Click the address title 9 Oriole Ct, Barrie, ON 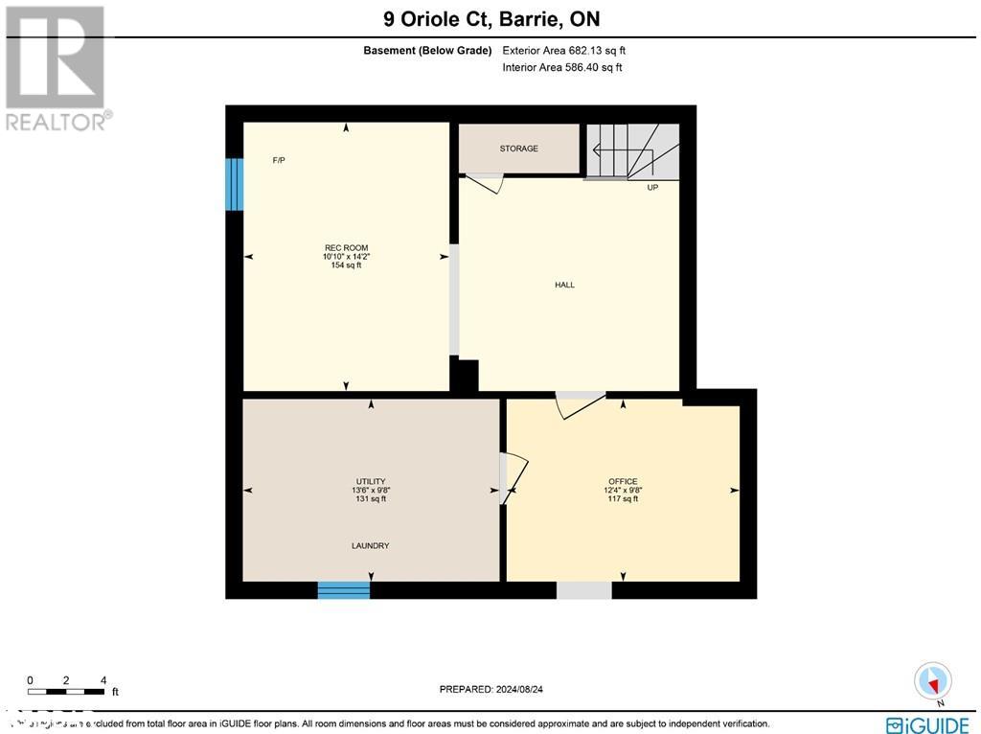[x=490, y=18]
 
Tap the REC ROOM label [x=345, y=248]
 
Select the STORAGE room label [x=518, y=149]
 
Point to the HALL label [x=564, y=285]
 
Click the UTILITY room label [x=370, y=482]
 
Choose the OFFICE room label [x=623, y=482]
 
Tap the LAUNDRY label [x=370, y=546]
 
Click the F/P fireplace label [x=279, y=160]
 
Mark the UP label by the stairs [x=652, y=188]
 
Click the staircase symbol [x=632, y=150]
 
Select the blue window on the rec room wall [x=234, y=184]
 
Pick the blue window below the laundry [x=344, y=590]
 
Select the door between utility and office [x=513, y=476]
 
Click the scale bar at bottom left [x=66, y=691]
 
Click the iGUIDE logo [x=928, y=724]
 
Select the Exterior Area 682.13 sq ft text [x=564, y=51]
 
